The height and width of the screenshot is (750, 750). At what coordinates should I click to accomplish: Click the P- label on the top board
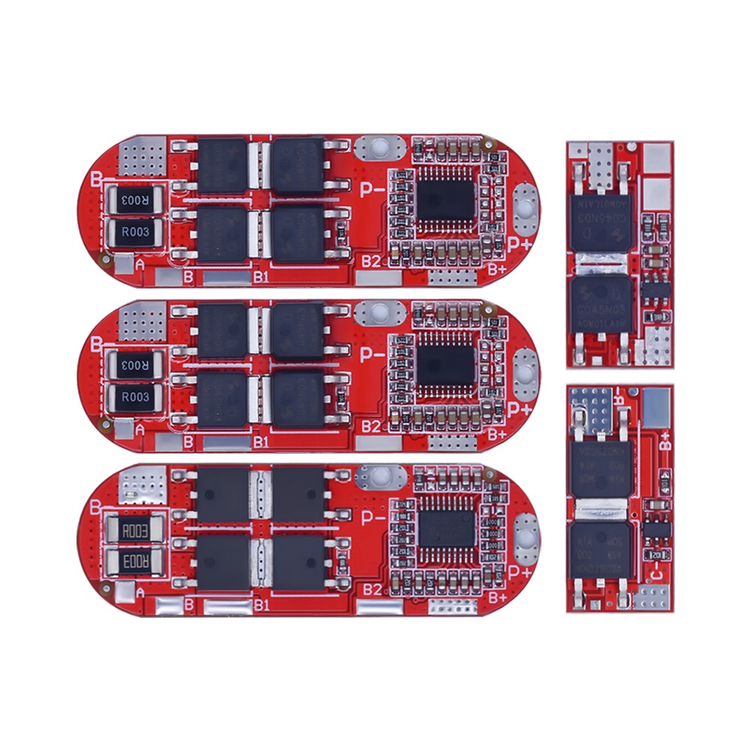pyautogui.click(x=373, y=190)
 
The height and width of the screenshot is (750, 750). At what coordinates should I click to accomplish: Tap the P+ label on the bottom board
pyautogui.click(x=521, y=572)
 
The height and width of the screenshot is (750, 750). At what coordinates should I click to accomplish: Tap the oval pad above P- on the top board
pyautogui.click(x=379, y=148)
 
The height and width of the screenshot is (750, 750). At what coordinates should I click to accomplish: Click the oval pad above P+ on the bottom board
pyautogui.click(x=527, y=535)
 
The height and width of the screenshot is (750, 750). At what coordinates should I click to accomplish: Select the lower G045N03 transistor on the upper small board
pyautogui.click(x=601, y=307)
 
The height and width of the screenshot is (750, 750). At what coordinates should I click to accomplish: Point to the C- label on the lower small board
pyautogui.click(x=655, y=573)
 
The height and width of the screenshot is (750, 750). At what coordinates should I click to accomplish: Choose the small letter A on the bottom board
pyautogui.click(x=139, y=594)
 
